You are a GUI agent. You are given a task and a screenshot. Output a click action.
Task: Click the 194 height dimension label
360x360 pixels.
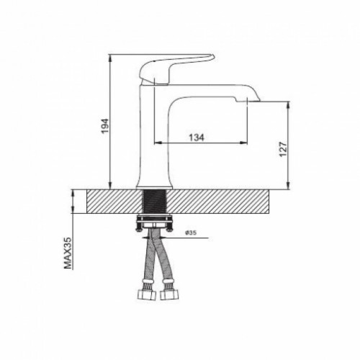pyautogui.click(x=105, y=126)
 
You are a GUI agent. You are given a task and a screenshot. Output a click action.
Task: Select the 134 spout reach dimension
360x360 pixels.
pyautogui.click(x=197, y=138)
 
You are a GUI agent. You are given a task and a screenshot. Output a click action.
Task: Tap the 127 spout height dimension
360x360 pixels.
pyautogui.click(x=284, y=149)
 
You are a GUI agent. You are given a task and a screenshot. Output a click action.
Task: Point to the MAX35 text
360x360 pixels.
pyautogui.click(x=68, y=253)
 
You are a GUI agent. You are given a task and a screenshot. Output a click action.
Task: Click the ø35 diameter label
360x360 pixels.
pyautogui.click(x=190, y=233)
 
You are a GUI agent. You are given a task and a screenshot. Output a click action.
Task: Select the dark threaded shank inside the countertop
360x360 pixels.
pyautogui.click(x=155, y=202)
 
